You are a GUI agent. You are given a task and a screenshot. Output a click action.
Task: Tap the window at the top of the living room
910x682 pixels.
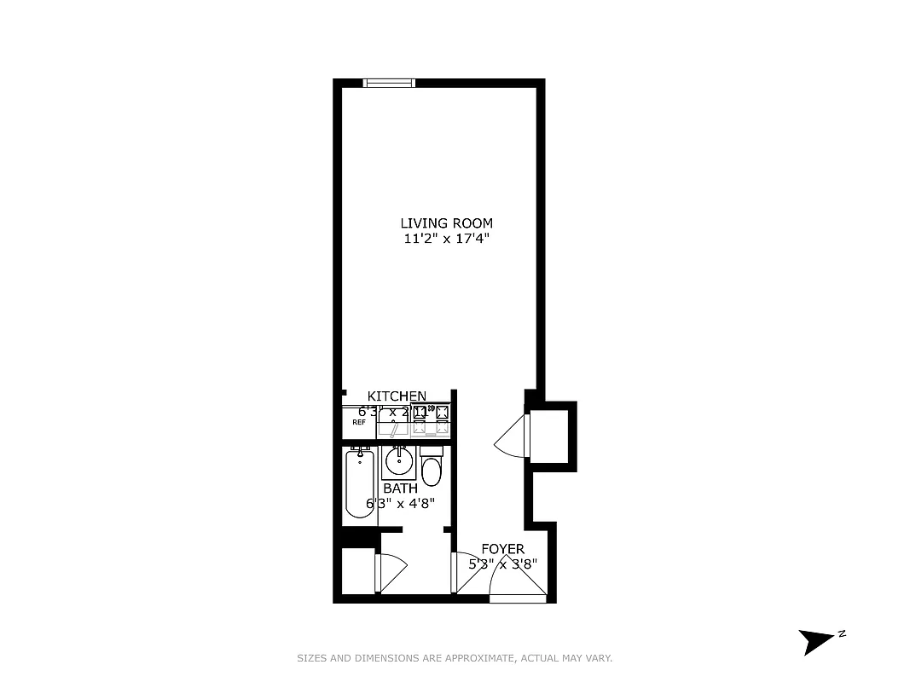pyautogui.click(x=389, y=83)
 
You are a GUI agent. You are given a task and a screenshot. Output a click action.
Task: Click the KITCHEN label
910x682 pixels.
pyautogui.click(x=397, y=396)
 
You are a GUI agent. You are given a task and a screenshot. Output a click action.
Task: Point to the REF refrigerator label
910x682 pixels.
pyautogui.click(x=359, y=422)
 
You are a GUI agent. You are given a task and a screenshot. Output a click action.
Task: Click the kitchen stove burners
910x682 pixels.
pyautogui.click(x=430, y=418)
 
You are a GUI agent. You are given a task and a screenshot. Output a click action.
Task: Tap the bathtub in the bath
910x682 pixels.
pyautogui.click(x=359, y=483)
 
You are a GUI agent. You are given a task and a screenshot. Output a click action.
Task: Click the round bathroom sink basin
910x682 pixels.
pyautogui.click(x=398, y=463)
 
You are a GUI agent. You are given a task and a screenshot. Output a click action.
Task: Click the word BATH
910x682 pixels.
pyautogui.click(x=400, y=488)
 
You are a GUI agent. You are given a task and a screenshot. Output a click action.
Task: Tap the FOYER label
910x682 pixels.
pyautogui.click(x=503, y=549)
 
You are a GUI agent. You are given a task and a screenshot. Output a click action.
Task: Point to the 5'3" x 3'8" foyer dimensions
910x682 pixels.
pyautogui.click(x=503, y=564)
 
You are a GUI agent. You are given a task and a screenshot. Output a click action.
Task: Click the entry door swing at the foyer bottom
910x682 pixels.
pyautogui.click(x=517, y=584)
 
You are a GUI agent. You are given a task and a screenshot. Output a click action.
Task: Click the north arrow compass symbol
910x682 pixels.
pyautogui.click(x=816, y=640)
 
